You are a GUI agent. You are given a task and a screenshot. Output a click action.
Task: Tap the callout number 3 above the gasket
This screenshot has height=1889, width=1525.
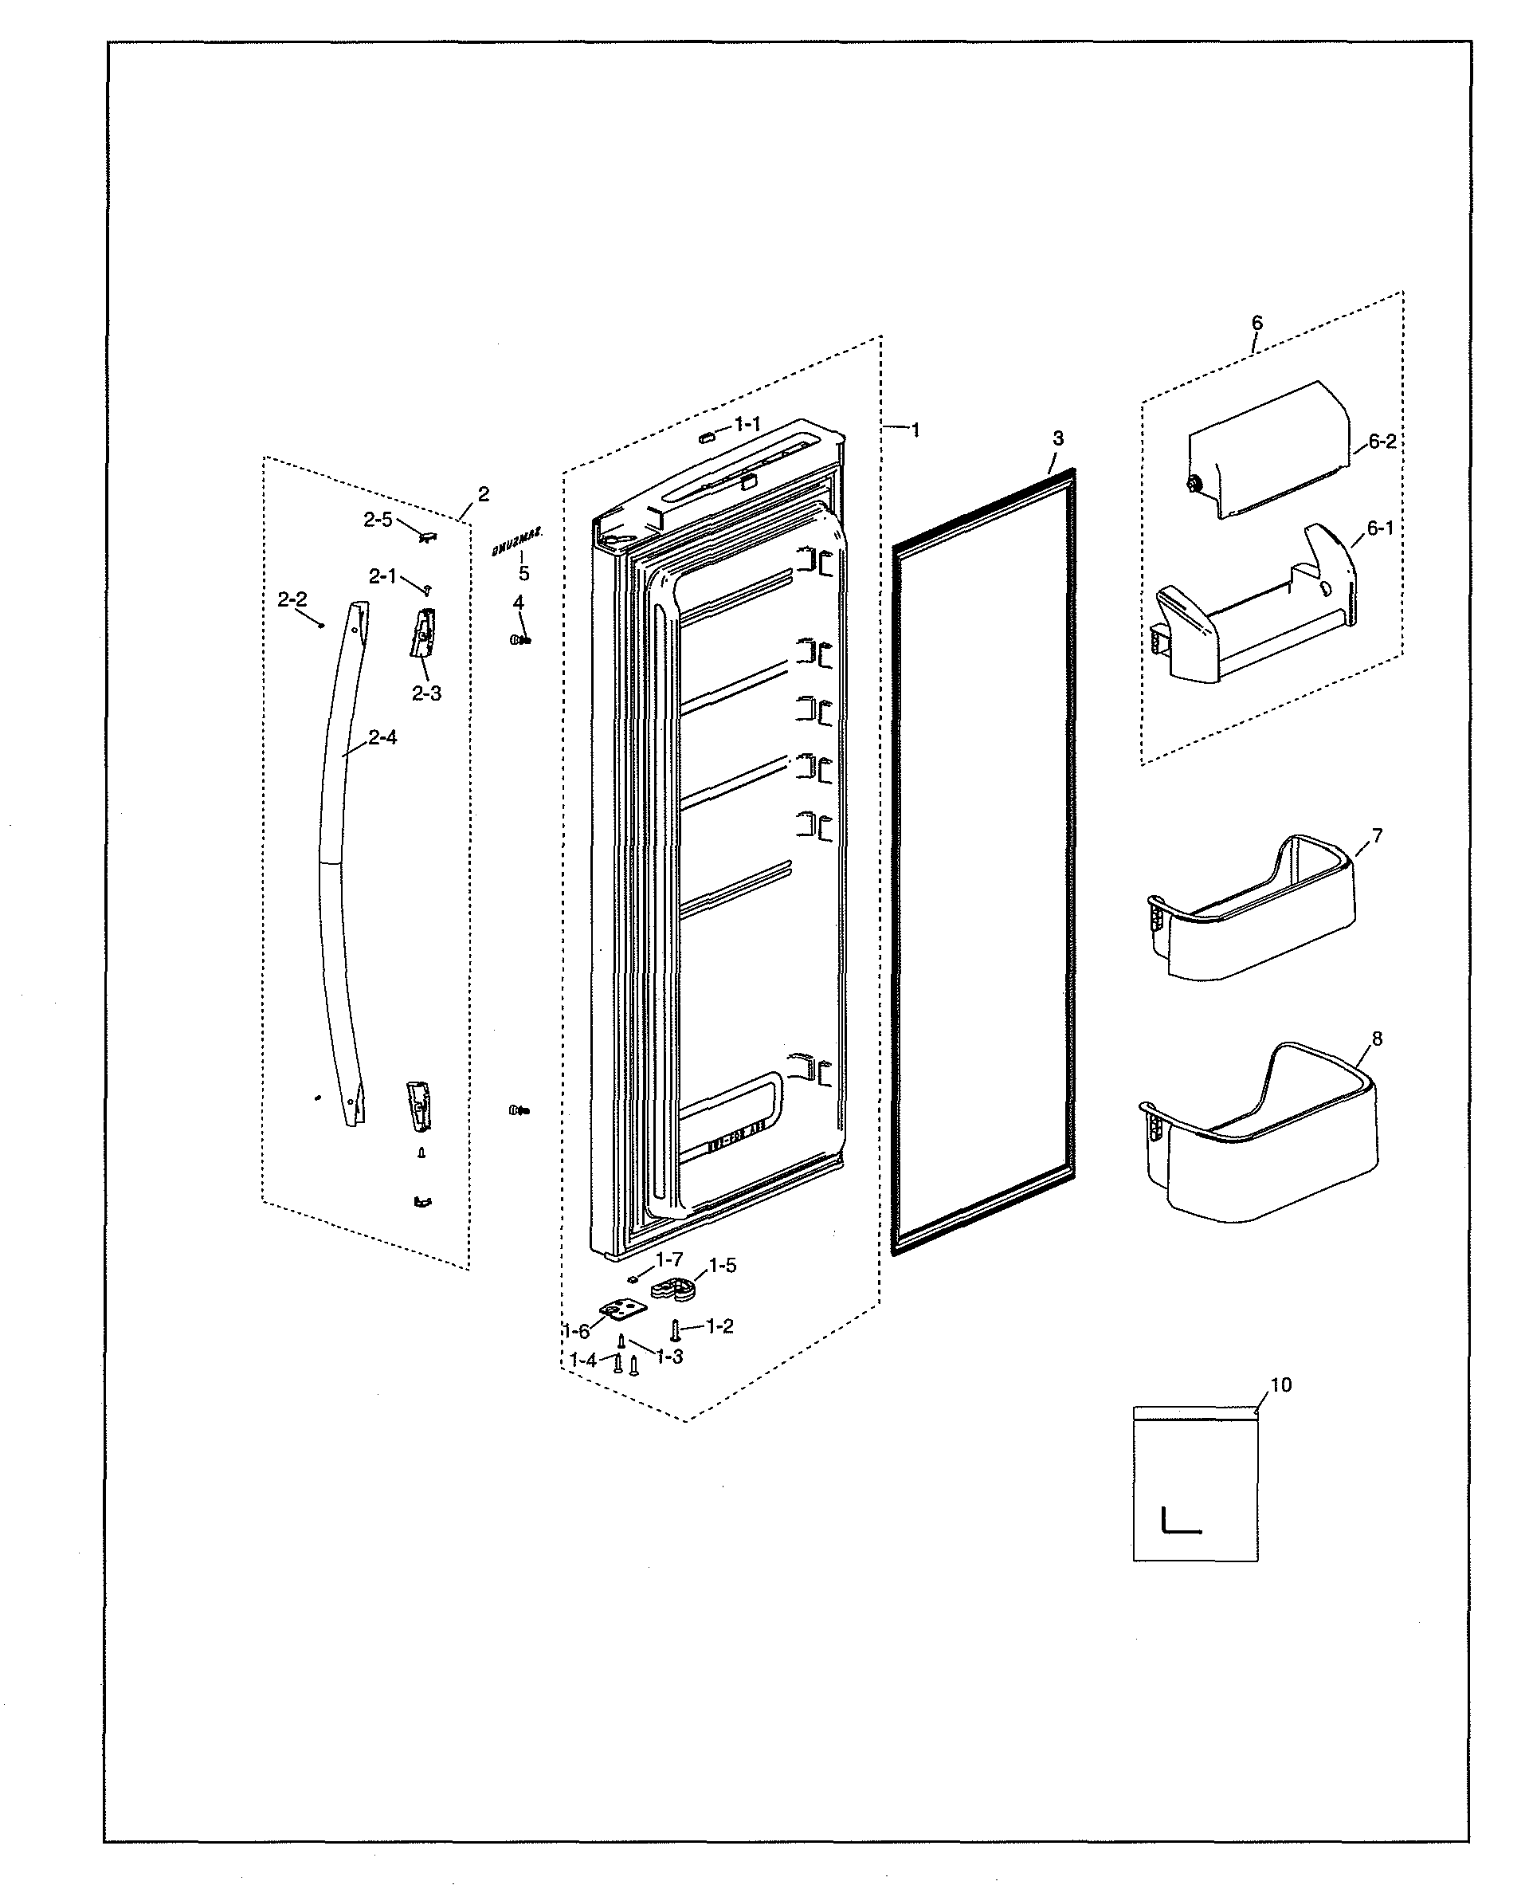tap(1057, 438)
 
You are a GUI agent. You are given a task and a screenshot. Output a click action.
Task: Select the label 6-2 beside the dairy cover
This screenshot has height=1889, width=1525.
tap(1381, 442)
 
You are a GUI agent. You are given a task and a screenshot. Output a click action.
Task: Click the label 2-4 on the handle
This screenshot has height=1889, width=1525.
tap(382, 738)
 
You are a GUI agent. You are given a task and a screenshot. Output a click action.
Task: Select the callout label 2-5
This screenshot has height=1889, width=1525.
tap(378, 520)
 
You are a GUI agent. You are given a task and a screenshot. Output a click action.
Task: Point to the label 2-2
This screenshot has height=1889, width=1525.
tap(292, 600)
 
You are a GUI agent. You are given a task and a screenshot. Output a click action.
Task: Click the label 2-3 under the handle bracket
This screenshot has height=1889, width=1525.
tap(427, 693)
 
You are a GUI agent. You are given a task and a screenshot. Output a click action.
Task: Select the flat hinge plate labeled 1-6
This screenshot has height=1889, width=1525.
tap(622, 1312)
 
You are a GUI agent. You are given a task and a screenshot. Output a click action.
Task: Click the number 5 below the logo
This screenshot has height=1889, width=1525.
tap(523, 574)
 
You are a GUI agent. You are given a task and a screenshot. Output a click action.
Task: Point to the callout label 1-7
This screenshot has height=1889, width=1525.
tap(668, 1259)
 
